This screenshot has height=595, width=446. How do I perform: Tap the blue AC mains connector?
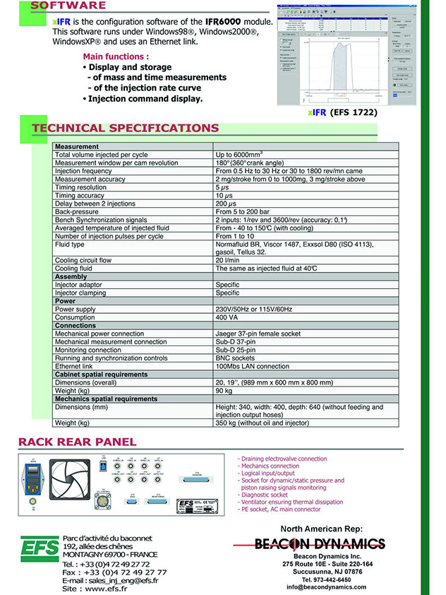(32, 484)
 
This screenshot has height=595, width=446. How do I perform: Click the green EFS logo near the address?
(39, 548)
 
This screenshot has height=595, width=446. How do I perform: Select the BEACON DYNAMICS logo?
(320, 543)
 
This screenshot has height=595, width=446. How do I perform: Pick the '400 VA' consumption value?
(228, 317)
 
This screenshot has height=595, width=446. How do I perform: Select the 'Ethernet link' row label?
(73, 366)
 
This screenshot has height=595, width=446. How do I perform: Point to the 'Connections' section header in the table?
(76, 325)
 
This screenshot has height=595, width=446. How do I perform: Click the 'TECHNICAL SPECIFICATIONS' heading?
(126, 129)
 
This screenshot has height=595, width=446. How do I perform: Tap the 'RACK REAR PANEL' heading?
(78, 442)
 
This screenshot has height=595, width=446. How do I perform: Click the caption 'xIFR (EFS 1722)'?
(343, 112)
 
